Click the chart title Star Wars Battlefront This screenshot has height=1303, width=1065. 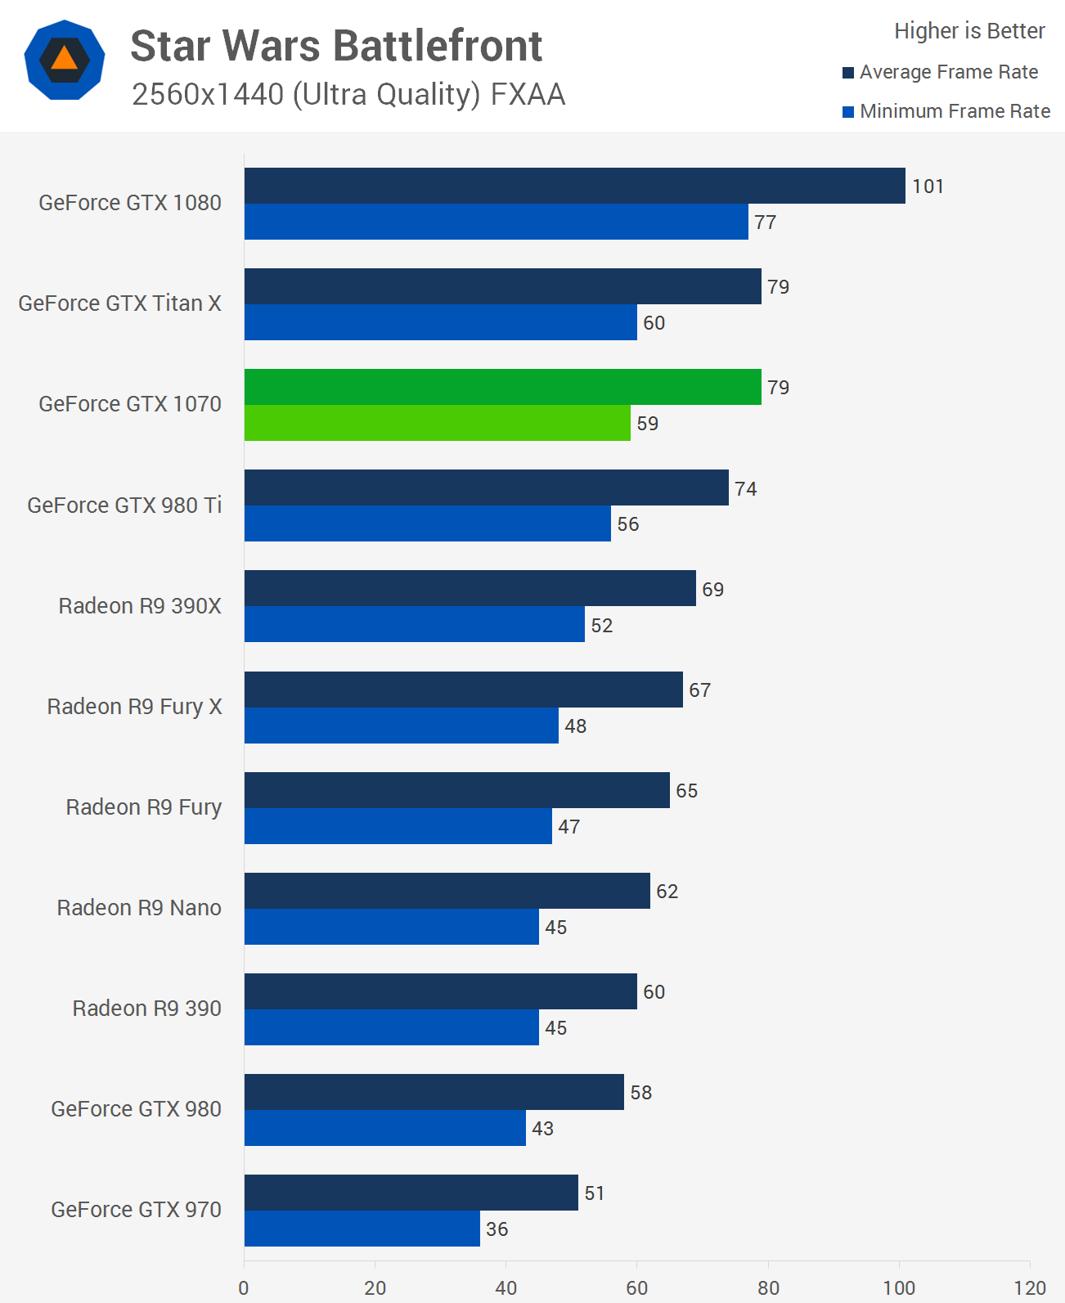coord(336,46)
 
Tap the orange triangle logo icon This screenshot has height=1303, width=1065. coord(65,60)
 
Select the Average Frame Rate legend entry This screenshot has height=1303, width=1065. coord(941,72)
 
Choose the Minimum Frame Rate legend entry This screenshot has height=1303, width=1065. coord(946,111)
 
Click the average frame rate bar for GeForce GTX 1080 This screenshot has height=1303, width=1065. coord(574,186)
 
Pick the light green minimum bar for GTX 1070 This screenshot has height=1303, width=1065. coord(437,423)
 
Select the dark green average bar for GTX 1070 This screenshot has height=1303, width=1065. coord(502,387)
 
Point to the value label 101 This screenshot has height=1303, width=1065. coord(928,186)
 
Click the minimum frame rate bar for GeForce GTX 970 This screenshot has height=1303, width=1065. coord(362,1229)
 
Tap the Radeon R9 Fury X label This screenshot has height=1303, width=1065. coord(134,707)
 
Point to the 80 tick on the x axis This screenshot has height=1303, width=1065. coord(768,1287)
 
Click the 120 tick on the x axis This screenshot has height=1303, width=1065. coord(1030,1287)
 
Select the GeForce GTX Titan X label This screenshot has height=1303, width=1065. coord(119,303)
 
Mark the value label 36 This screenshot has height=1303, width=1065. coord(497,1229)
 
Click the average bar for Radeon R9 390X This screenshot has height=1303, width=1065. coord(470,588)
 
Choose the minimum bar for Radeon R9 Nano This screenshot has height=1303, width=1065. coord(391,927)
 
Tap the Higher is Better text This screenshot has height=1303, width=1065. coord(969,31)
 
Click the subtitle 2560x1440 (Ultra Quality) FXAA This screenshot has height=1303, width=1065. coord(348,95)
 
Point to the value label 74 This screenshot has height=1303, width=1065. coord(745,489)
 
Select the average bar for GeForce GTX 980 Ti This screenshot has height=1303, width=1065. coord(486,488)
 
